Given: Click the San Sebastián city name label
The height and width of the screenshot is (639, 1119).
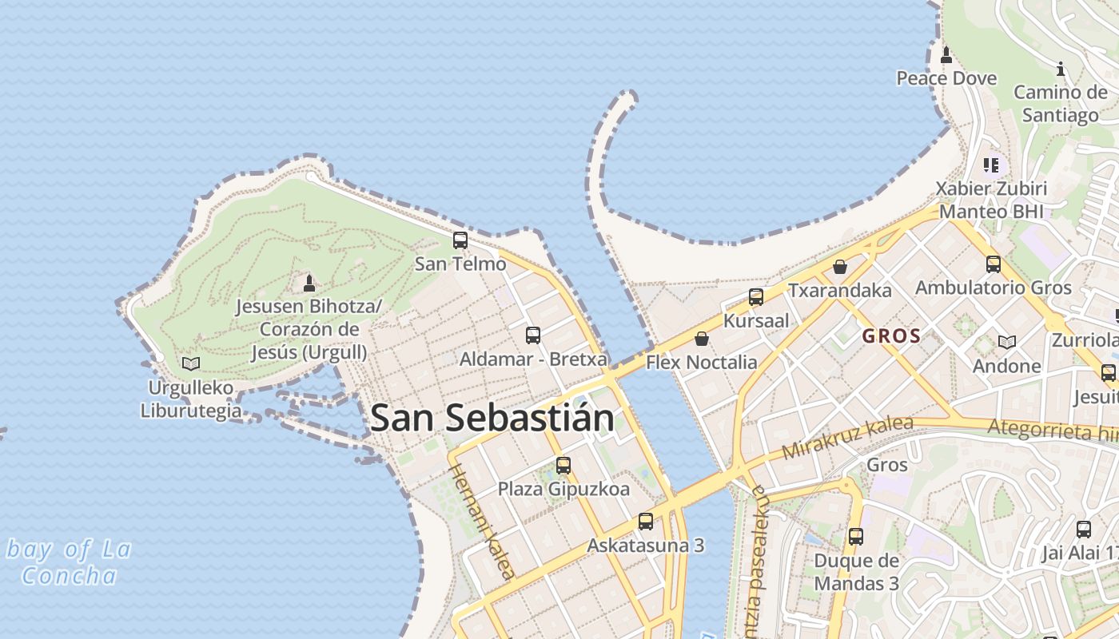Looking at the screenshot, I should coord(492,418).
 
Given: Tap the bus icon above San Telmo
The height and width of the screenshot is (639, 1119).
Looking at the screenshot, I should coord(460,240).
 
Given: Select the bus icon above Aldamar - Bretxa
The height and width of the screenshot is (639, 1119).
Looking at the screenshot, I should coord(533,335).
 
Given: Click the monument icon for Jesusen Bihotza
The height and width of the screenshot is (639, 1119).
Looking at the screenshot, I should coord(309,283).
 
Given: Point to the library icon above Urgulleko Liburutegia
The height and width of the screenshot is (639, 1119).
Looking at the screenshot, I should coord(190,364).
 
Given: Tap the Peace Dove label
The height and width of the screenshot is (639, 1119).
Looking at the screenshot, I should coord(946,78).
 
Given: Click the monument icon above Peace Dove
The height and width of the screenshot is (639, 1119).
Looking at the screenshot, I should coord(946,55).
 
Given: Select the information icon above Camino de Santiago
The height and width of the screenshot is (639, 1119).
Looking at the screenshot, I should coord(1061,69).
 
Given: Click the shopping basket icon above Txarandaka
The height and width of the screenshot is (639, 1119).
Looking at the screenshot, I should coord(840,267).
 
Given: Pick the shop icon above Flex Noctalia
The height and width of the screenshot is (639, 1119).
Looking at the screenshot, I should coord(702,339).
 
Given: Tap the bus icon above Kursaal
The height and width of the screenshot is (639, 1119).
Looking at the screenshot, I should coord(756,297).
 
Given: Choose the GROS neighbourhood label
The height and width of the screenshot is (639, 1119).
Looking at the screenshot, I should coord(891,336).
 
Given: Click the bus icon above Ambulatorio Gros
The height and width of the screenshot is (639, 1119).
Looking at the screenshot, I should coord(993,264).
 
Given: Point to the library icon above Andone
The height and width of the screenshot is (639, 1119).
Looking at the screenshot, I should coord(1007,343).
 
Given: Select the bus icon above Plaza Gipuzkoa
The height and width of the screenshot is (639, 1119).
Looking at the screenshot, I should coord(563,465).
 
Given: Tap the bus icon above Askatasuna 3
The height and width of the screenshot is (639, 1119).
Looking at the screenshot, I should coord(646,522).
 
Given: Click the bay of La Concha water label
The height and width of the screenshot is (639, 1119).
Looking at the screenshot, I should coord(69,562).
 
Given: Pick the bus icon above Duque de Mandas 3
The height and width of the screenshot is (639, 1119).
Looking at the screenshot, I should coord(856,537).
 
